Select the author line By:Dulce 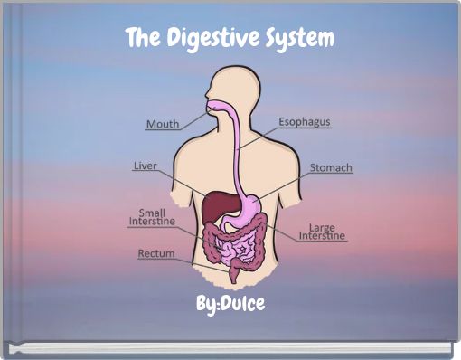pyautogui.click(x=231, y=304)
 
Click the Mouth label pyautogui.click(x=163, y=124)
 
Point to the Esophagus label pyautogui.click(x=304, y=121)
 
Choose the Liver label pyautogui.click(x=146, y=166)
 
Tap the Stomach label pyautogui.click(x=331, y=168)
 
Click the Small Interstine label pyautogui.click(x=151, y=217)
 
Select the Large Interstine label pyautogui.click(x=322, y=232)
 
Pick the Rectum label pyautogui.click(x=155, y=254)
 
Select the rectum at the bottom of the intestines pyautogui.click(x=233, y=271)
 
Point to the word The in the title pyautogui.click(x=140, y=40)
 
